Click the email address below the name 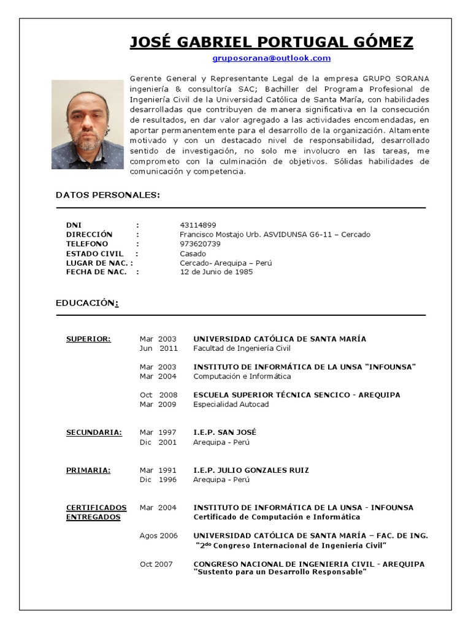point(271,58)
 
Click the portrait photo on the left point(87,124)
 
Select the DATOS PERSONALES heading point(107,195)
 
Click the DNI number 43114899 point(197,225)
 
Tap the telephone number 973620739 point(200,244)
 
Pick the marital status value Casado point(193,253)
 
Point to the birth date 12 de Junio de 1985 point(216,272)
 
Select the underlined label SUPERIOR point(88,339)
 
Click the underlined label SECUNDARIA point(94,432)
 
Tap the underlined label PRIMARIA point(88,470)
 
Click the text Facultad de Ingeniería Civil point(242,348)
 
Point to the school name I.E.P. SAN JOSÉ point(224,432)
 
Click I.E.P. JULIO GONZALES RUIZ point(251,470)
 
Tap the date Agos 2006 point(158,536)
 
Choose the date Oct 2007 point(156,564)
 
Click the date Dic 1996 point(158,480)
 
